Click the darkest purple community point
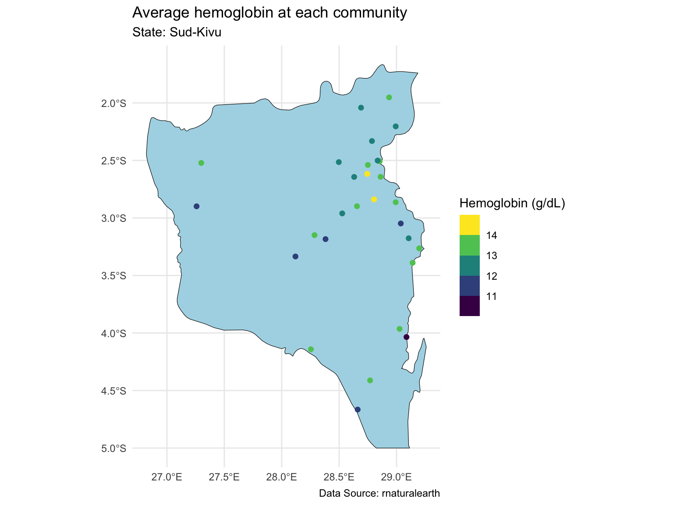tap(406, 337)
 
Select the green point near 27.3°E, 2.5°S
tap(201, 163)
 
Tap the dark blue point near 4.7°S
tap(358, 409)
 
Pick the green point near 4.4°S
tap(370, 380)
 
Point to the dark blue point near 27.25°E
tap(196, 206)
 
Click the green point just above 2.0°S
tap(389, 97)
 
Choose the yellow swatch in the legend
tap(469, 225)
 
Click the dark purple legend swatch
tap(469, 306)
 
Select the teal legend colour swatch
tap(469, 265)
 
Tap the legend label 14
tap(492, 236)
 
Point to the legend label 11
tap(492, 297)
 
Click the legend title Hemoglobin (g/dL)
tap(512, 203)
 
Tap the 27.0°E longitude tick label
tap(167, 477)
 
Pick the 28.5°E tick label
tap(339, 477)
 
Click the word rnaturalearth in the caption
tap(411, 494)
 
